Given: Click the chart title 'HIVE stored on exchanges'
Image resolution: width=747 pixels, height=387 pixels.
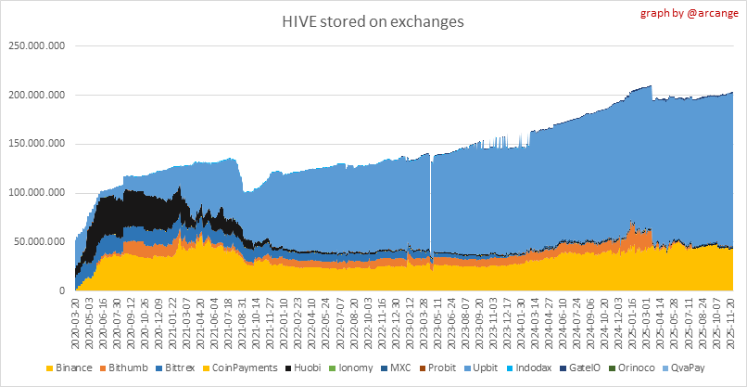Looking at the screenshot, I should tap(373, 19).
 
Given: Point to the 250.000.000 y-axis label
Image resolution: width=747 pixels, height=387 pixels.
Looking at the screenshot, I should tap(36, 45).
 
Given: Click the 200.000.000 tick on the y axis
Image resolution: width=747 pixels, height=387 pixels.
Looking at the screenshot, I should tap(36, 95).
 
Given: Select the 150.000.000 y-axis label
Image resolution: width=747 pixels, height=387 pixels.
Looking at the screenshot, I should tap(36, 144).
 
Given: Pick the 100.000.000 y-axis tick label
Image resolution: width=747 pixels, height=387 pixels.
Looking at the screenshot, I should tap(36, 193).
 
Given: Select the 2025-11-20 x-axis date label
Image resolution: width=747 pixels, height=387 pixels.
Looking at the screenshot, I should tap(731, 319).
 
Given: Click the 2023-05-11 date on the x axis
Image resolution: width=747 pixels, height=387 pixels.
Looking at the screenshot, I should tap(434, 319).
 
